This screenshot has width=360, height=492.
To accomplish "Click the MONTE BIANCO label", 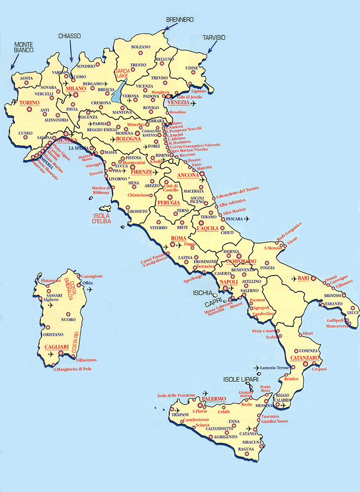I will coord(24,47).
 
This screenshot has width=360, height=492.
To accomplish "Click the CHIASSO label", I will coord(69,36).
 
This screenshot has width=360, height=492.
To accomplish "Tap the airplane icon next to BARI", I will coord(294,279).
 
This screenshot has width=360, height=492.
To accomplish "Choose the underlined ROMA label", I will coord(178,239).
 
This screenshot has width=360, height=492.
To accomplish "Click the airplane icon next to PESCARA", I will coord(247,219).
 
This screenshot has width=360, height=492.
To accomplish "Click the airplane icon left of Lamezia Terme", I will coord(258,368).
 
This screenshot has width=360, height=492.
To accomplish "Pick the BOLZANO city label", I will coord(140,47).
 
